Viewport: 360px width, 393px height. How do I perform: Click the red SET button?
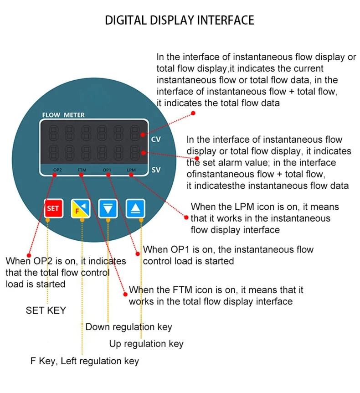53,208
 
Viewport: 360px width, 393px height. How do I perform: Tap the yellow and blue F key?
80,208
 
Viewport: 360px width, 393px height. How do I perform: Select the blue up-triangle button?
135,208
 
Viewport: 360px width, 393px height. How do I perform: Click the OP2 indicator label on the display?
57,170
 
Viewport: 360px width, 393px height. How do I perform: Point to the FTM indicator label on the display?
82,170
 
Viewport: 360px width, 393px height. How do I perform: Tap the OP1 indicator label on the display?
107,170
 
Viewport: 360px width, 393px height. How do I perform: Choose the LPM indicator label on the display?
131,170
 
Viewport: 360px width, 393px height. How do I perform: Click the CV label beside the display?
155,139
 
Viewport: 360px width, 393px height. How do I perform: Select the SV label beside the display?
155,171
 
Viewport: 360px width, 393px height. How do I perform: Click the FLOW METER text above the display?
63,115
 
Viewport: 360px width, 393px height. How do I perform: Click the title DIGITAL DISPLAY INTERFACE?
180,20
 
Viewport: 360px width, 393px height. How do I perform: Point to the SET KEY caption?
46,310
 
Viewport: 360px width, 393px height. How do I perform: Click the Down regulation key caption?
129,327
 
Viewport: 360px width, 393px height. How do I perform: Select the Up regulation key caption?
146,344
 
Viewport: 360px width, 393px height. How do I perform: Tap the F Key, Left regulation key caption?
84,361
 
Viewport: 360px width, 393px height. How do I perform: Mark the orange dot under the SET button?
48,220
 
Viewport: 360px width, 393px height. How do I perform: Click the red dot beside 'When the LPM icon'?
186,217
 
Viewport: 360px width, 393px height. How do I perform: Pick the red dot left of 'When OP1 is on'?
138,252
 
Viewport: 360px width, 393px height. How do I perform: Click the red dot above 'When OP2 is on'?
29,255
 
